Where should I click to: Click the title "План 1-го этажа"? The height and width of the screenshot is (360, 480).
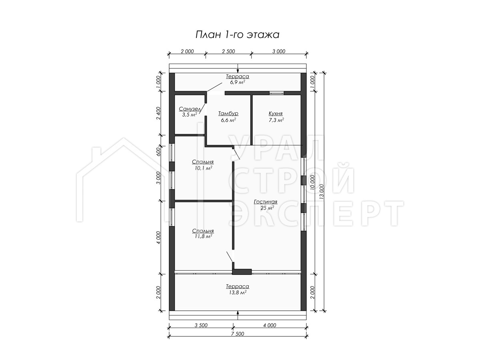(x=237, y=35)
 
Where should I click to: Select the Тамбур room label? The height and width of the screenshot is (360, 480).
(x=228, y=114)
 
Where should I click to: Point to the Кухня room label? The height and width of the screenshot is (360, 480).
(x=276, y=114)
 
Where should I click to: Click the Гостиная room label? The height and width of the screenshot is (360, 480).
(x=266, y=202)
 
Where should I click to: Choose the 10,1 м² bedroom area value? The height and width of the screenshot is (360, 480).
(x=203, y=168)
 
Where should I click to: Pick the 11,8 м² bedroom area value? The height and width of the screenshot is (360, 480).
(x=203, y=236)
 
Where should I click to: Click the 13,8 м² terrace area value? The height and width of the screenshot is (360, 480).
(x=238, y=293)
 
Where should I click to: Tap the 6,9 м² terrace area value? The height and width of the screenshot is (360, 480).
(x=238, y=82)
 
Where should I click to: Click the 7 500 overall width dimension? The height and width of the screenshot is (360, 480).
(x=237, y=334)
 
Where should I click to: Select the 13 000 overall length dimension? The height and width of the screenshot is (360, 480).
(x=321, y=192)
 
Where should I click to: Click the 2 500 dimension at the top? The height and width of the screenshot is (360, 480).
(x=228, y=51)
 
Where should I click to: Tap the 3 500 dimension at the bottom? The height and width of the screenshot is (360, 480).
(x=201, y=325)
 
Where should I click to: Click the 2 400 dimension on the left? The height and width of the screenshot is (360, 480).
(x=158, y=113)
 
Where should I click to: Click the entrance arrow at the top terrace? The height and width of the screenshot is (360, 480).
(x=238, y=68)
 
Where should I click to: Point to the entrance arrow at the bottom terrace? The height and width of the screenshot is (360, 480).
(x=238, y=315)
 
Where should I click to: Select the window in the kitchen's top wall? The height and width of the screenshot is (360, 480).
(x=276, y=93)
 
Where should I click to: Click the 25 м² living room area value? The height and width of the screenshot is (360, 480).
(x=267, y=208)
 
